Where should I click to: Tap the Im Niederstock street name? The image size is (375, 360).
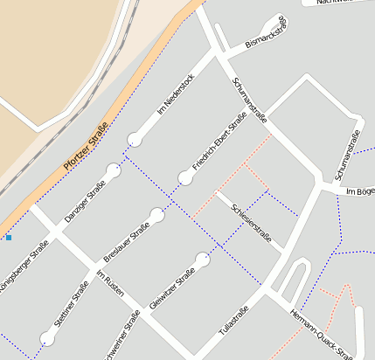175,94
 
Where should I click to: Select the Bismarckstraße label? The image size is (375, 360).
266,34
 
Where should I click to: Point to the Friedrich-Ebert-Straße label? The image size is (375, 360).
219,142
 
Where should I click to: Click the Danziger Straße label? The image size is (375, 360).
85,197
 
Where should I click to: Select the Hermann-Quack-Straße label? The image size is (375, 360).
320,333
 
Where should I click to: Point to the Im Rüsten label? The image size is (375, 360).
111,286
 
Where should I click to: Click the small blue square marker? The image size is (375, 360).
9,237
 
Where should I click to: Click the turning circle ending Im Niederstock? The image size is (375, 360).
134,139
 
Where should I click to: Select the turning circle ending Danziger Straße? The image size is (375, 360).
113,170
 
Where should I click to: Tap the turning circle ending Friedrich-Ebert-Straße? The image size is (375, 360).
184,178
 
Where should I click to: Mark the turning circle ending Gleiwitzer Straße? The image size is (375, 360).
202,260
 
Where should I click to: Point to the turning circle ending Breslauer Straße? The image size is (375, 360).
157,215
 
